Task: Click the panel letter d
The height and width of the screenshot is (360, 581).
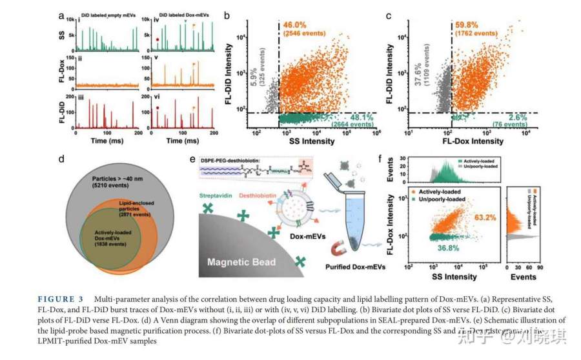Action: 61,158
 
